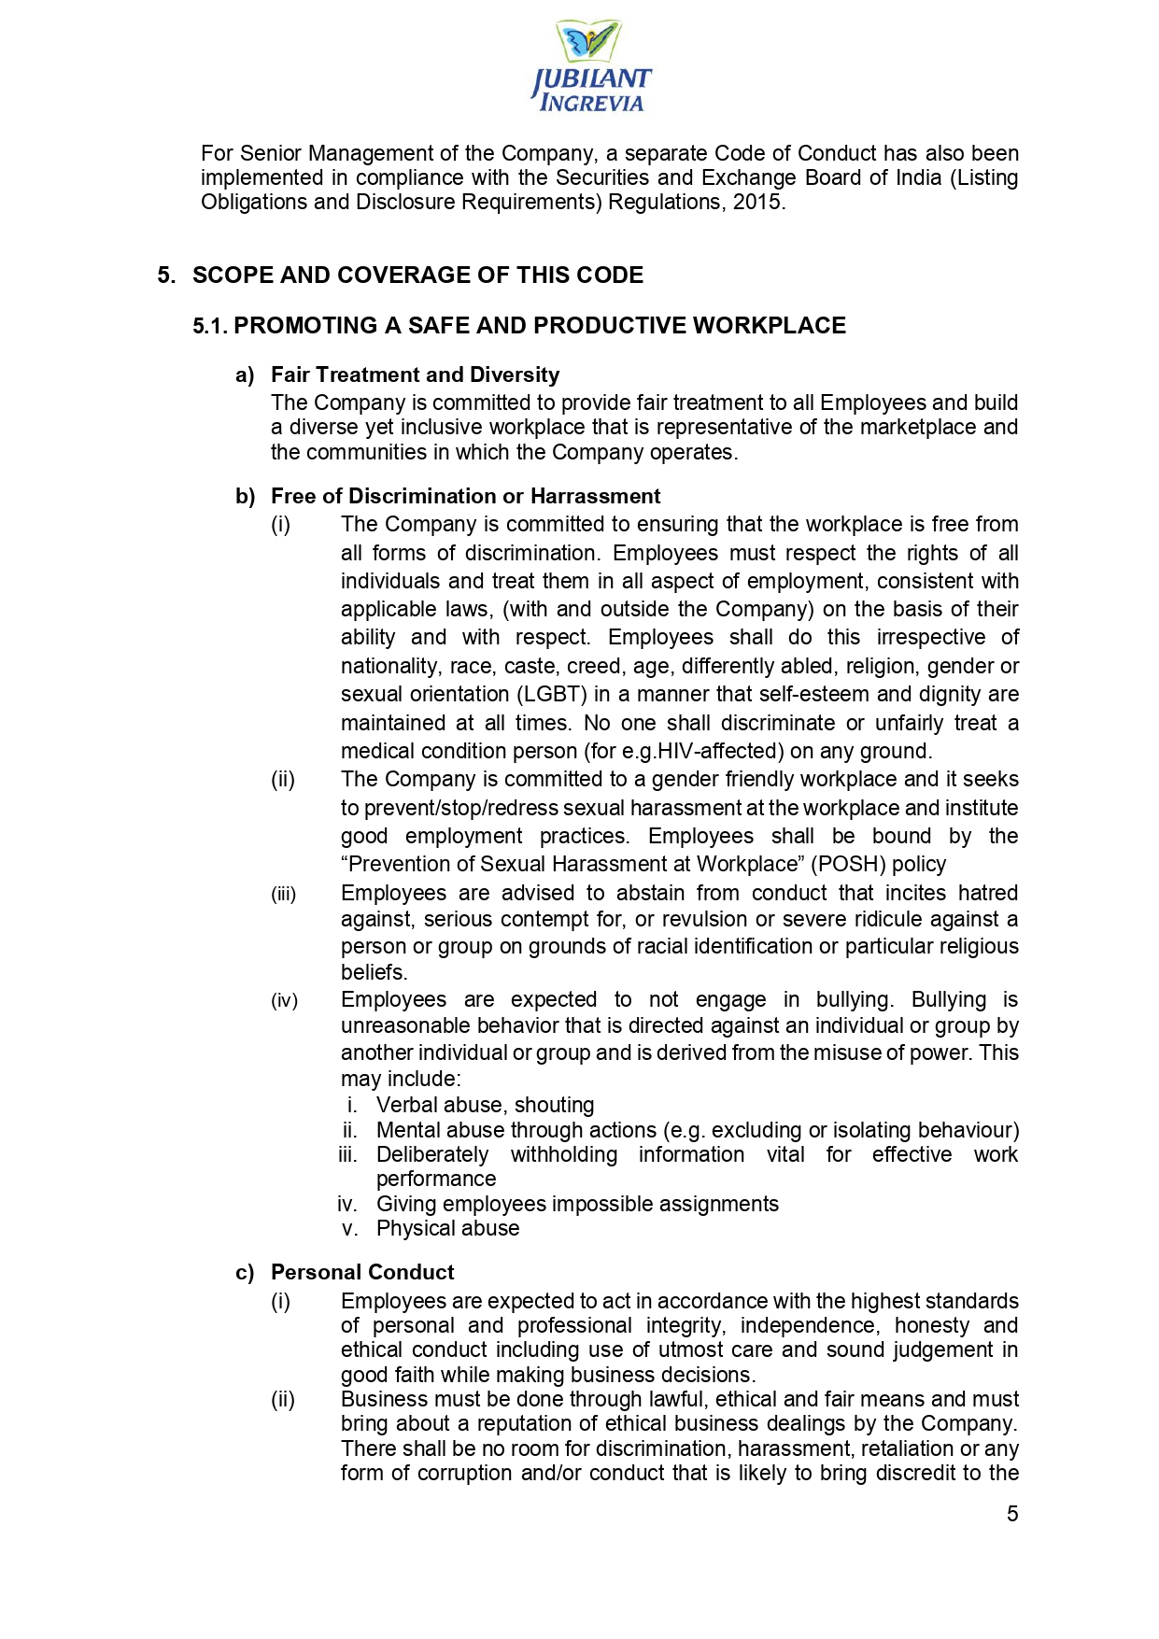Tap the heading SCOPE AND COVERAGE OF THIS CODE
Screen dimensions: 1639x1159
click(x=417, y=276)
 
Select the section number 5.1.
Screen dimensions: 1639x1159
click(x=210, y=326)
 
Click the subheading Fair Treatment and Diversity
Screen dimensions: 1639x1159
click(x=415, y=375)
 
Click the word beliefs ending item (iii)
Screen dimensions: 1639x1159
click(x=373, y=973)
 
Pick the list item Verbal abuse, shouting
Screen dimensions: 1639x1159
click(x=485, y=1106)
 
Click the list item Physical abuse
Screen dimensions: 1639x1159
click(x=447, y=1229)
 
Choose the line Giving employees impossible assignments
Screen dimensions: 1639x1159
click(x=577, y=1205)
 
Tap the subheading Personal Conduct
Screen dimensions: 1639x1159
click(x=362, y=1273)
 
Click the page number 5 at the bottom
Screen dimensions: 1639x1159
click(x=1012, y=1514)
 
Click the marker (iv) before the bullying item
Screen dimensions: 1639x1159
click(x=285, y=1001)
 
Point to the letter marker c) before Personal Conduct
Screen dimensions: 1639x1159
click(x=245, y=1273)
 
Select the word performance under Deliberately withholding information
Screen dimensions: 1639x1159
click(x=435, y=1180)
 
